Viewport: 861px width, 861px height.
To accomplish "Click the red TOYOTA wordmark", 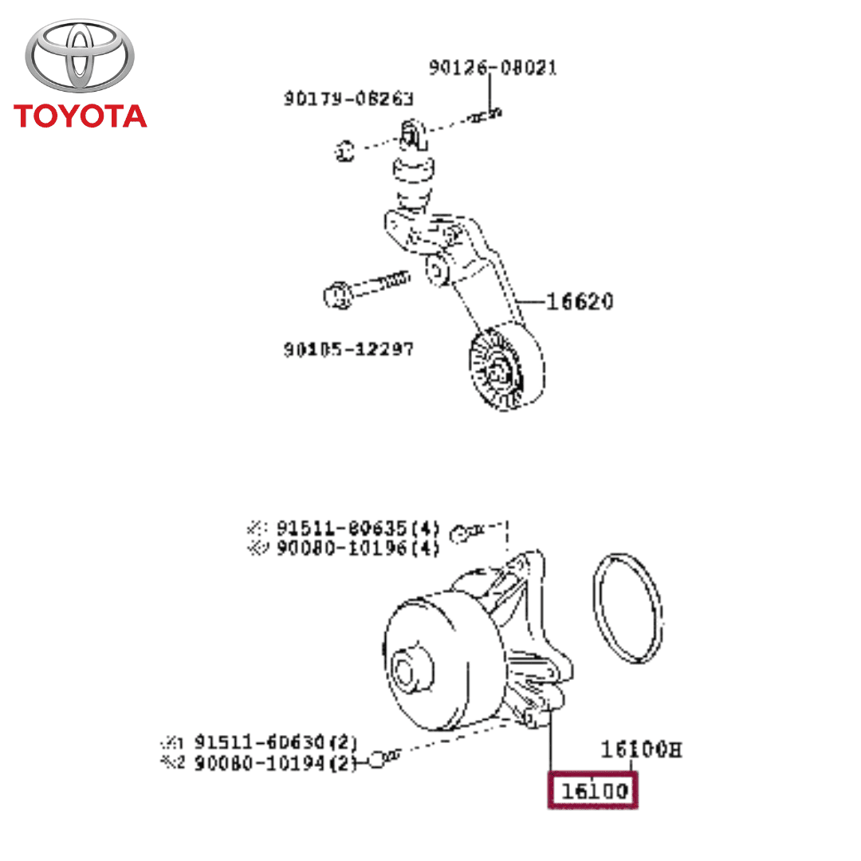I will click(81, 116).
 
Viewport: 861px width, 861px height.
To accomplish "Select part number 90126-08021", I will click(493, 69).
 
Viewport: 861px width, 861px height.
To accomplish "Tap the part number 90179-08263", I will click(348, 99).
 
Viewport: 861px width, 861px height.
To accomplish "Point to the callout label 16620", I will click(580, 302).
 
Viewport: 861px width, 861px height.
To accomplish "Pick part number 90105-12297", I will click(348, 349).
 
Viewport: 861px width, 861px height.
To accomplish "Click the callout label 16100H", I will click(641, 750).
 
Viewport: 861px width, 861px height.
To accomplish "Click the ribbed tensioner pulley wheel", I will click(504, 368).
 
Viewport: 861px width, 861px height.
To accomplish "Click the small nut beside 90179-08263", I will click(344, 149).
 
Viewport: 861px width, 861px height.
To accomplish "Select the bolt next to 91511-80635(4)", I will click(466, 532).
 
